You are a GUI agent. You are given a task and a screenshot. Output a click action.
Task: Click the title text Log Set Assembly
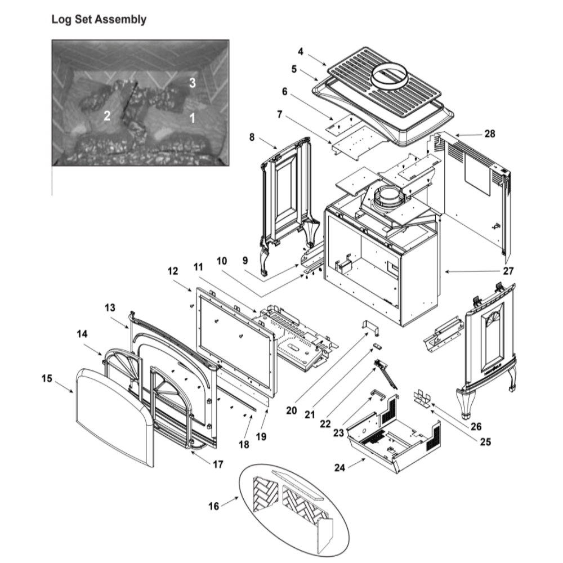(99, 20)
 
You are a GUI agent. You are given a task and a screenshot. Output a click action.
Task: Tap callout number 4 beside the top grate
(301, 51)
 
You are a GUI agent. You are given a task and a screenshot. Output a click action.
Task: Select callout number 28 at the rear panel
(489, 134)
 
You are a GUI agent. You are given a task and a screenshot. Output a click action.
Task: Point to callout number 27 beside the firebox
(508, 271)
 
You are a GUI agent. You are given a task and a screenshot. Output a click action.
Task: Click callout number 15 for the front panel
(47, 379)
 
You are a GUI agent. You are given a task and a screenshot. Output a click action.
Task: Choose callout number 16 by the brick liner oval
(214, 506)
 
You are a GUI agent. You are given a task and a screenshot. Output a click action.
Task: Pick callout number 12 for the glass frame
(172, 271)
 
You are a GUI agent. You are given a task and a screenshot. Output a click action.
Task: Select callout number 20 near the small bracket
(291, 410)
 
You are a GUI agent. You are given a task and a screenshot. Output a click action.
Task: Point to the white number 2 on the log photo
(106, 116)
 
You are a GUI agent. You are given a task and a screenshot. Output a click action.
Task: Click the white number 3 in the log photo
(192, 83)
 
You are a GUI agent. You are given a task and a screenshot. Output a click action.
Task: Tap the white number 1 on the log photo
(192, 118)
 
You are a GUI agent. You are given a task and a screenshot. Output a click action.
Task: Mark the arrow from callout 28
(466, 135)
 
